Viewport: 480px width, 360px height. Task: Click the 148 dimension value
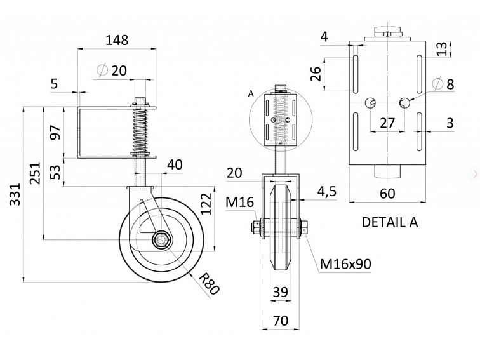117,40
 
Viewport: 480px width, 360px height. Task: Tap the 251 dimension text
35,173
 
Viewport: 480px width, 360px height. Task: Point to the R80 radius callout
209,284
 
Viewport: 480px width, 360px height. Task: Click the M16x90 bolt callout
345,263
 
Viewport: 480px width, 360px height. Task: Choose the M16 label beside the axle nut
240,203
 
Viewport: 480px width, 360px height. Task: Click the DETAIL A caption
390,222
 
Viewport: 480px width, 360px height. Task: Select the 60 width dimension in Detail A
387,194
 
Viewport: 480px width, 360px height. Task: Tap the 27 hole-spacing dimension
387,123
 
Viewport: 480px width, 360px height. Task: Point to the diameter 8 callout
443,84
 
